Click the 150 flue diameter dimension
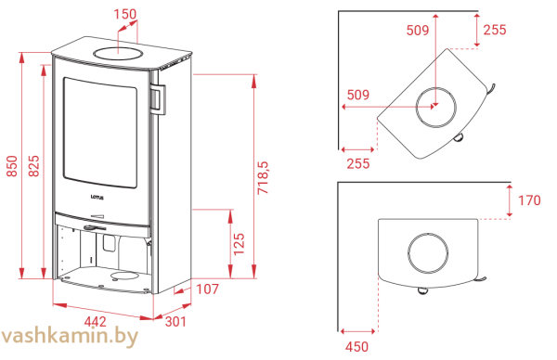(125, 14)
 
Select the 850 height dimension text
(12, 166)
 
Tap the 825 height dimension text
(33, 166)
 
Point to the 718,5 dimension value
(264, 177)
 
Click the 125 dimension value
(240, 244)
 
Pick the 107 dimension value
(207, 289)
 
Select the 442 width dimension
(96, 322)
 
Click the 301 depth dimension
(175, 322)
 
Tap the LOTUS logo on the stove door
(97, 197)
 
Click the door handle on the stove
(158, 99)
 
